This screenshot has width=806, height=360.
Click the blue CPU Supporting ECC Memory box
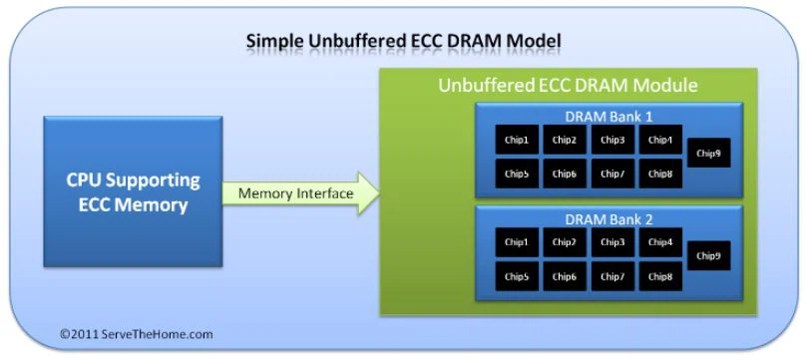coord(133,191)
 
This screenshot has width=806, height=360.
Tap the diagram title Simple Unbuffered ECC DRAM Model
coord(403,41)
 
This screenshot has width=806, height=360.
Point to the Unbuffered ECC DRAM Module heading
coord(567,85)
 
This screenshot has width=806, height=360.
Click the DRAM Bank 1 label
coord(608,116)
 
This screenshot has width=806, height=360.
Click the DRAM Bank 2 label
coord(608,217)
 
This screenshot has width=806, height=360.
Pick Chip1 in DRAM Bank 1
coord(517,141)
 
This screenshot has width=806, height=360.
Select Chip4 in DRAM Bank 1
coord(660,141)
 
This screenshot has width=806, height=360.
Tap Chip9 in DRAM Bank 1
coord(708,154)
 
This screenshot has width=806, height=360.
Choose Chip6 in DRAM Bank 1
coord(565,175)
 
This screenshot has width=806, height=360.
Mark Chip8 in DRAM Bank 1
coord(660,175)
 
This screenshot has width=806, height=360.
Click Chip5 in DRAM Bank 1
coord(517,175)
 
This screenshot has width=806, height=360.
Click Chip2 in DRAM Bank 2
coord(565,242)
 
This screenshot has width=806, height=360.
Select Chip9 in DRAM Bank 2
coord(708,256)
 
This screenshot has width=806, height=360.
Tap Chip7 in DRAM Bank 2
coord(612,276)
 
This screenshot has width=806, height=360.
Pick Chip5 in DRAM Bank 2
coord(517,276)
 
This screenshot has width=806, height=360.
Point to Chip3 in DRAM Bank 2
coord(612,242)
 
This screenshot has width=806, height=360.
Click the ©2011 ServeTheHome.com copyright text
coord(136,334)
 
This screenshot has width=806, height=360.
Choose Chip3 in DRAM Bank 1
coord(612,141)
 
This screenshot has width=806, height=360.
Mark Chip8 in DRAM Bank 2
coord(660,276)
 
